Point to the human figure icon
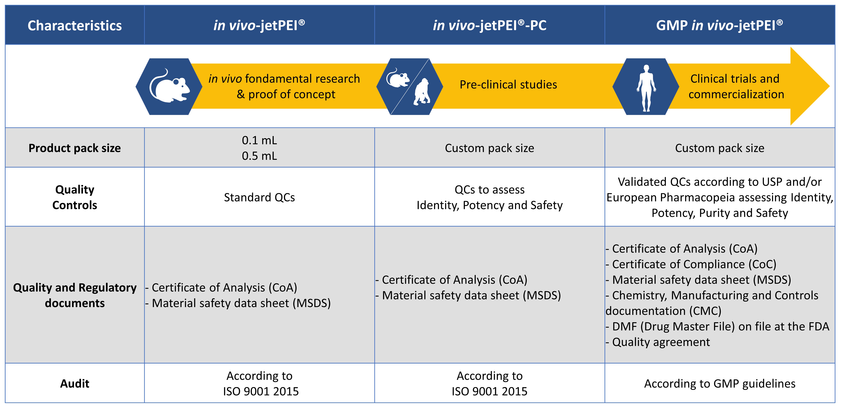click(646, 87)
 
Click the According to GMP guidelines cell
click(720, 383)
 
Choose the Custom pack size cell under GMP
click(720, 148)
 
